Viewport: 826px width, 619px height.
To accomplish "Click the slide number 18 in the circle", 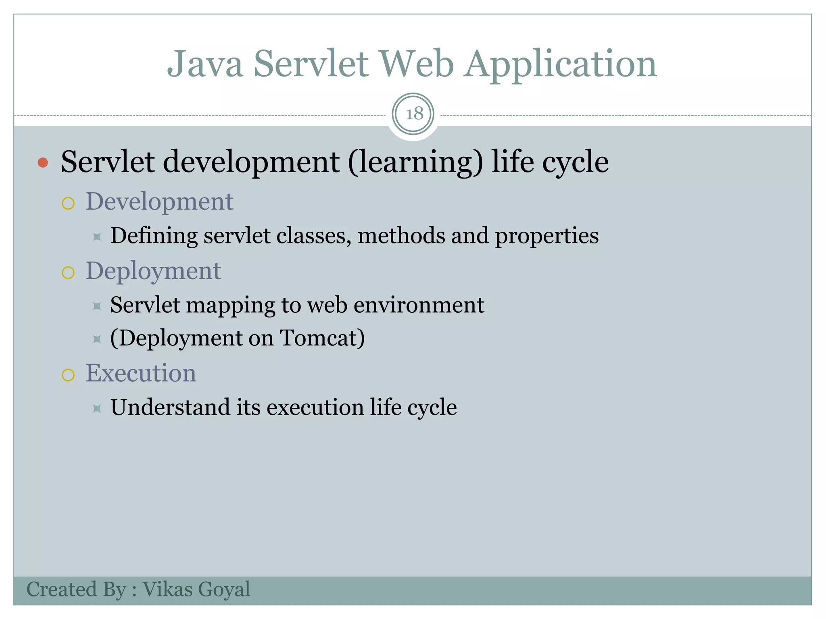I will point(414,114).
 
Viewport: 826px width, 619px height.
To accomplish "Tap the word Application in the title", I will point(560,64).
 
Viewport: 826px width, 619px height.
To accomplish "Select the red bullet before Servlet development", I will point(43,163).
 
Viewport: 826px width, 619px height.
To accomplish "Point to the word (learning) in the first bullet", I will point(415,162).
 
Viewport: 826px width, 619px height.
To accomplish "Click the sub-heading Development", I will point(159,201).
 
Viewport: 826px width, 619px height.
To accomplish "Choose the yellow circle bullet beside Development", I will point(68,204).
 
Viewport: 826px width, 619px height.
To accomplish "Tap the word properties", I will point(546,237).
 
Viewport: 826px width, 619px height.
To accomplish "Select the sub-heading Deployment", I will point(153,271).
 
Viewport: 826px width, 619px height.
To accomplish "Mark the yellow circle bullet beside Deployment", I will point(68,273).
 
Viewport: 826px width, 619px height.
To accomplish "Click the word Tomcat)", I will point(322,338).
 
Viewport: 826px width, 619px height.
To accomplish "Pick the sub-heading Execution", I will point(141,373).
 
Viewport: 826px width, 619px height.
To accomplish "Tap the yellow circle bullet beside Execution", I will point(68,375).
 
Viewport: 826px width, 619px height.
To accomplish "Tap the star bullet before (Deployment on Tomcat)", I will point(97,339).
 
